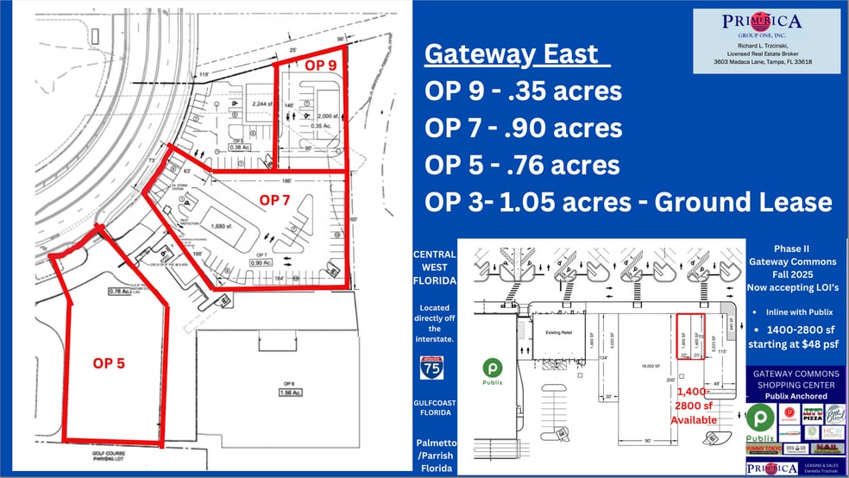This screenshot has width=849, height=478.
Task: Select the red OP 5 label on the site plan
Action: pos(109,363)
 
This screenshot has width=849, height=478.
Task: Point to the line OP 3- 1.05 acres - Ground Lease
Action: pos(627,202)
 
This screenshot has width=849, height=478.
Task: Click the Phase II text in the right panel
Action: pos(796,248)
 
